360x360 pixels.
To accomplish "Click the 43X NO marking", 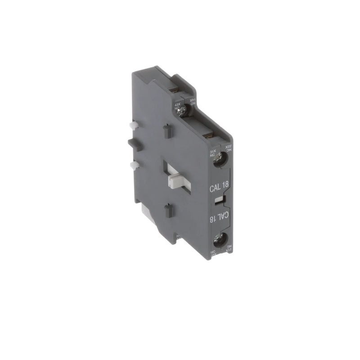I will [177, 106].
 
